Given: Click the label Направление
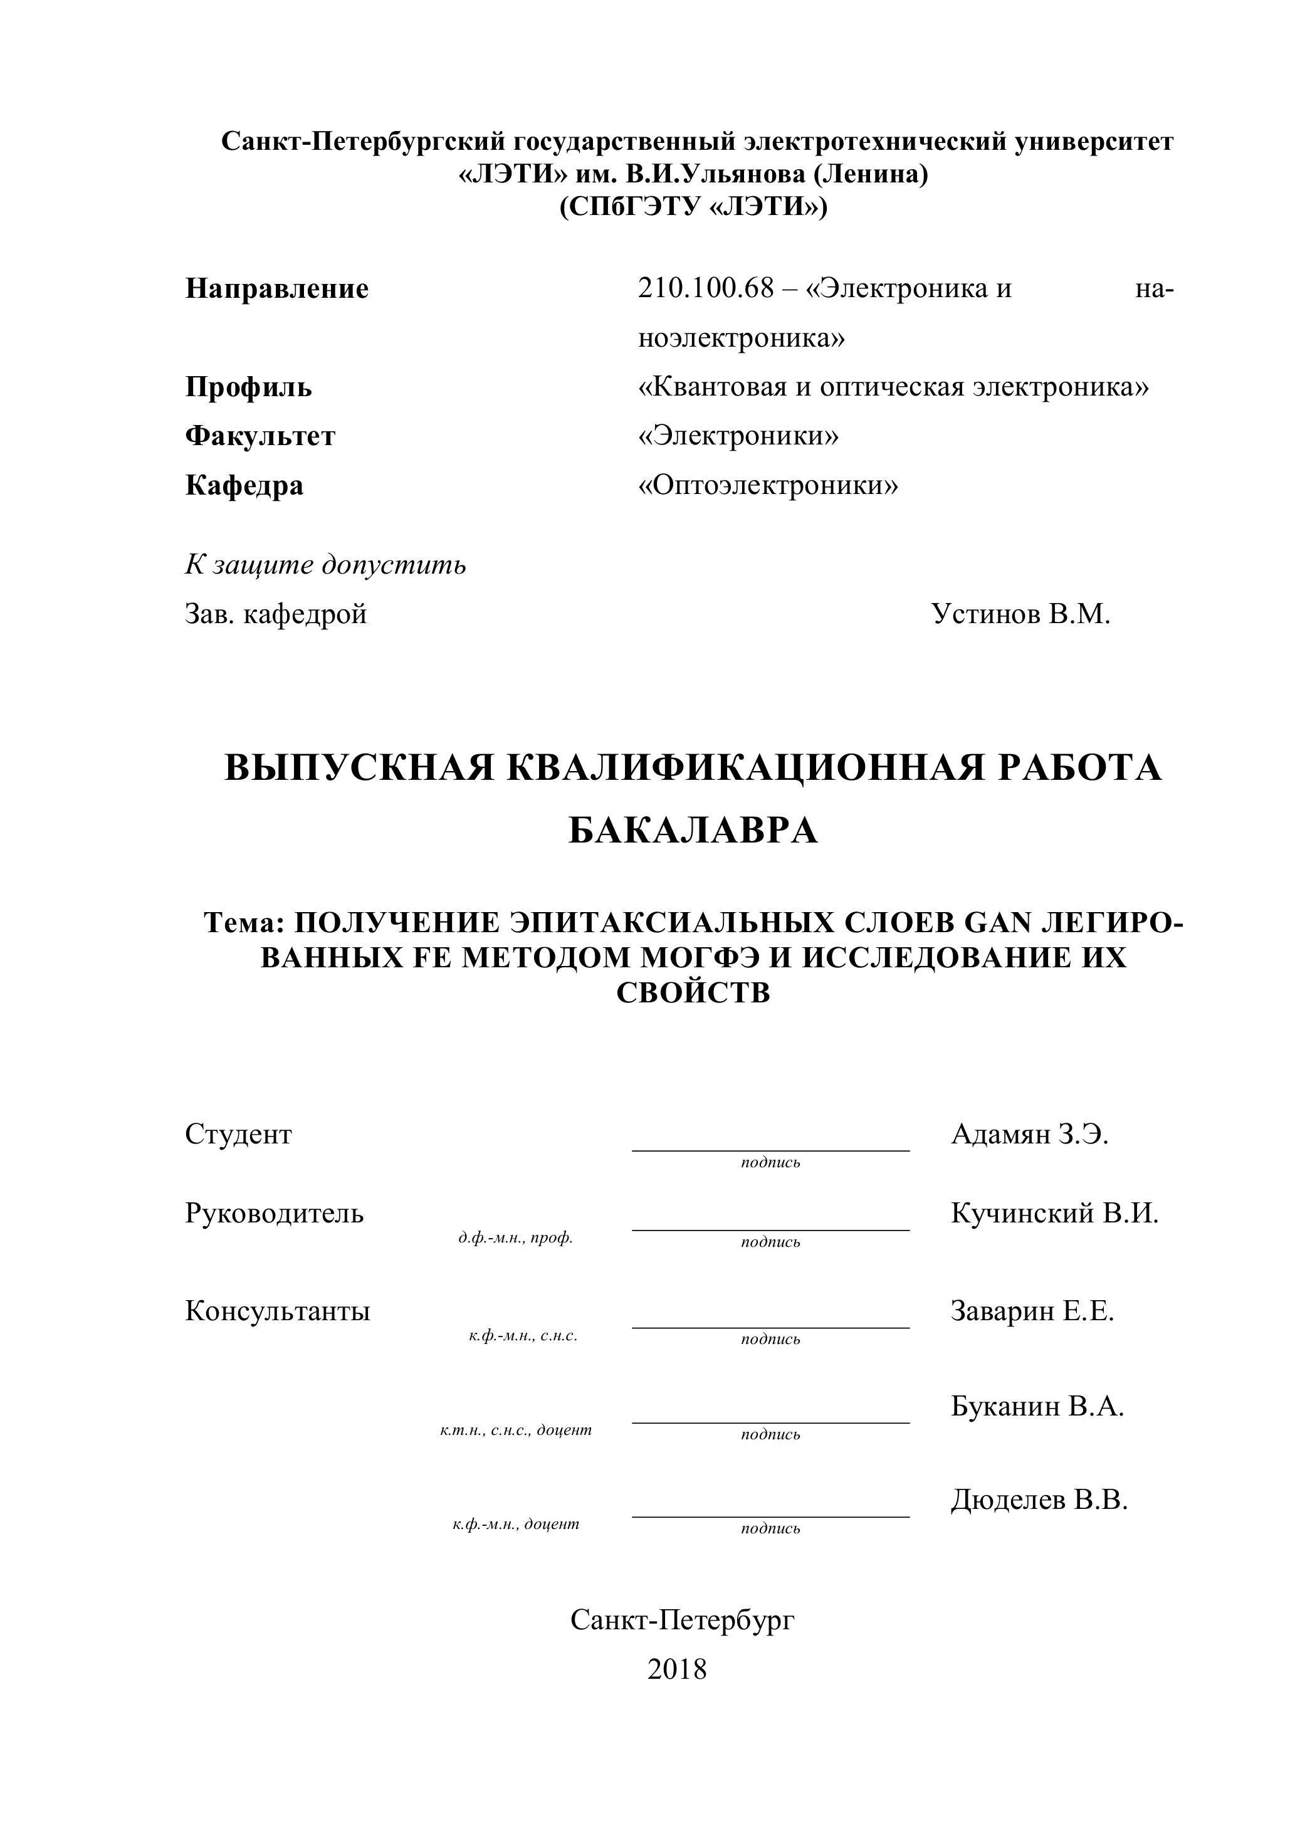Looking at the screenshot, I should click(276, 288).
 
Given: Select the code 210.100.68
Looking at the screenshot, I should click(706, 288).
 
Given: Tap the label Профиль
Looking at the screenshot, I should click(248, 387).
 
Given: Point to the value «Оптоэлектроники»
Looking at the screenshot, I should click(768, 485).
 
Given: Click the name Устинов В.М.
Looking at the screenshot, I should click(1020, 614).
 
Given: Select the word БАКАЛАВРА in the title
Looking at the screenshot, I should click(693, 831).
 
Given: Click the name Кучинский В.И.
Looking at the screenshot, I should click(1054, 1214).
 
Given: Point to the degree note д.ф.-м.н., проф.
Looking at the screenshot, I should click(515, 1238).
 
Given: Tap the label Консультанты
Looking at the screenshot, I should click(277, 1311).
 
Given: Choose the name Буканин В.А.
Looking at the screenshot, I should click(1037, 1406).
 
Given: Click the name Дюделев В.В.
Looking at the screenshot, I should click(1039, 1500).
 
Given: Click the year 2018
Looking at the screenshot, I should click(677, 1669).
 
